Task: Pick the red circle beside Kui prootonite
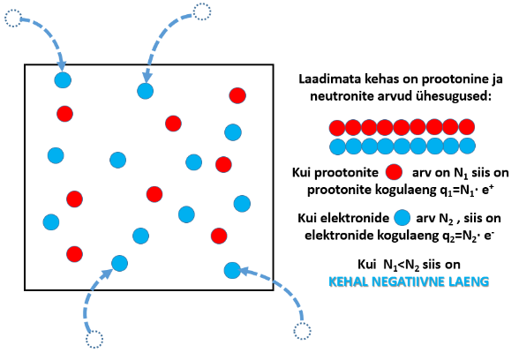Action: pos(394,172)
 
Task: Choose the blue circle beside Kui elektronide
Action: pos(402,218)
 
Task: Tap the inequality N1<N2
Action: pos(401,265)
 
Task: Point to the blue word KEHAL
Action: pos(348,281)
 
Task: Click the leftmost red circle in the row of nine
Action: pos(337,127)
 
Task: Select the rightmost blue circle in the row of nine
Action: pos(468,146)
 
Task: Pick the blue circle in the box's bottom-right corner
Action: pos(232,270)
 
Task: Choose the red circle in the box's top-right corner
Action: pos(237,95)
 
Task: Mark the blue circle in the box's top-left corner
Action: pos(63,80)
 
